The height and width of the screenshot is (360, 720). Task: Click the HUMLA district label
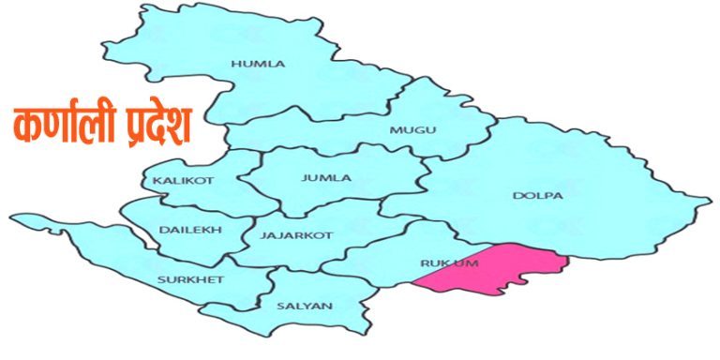tap(257, 64)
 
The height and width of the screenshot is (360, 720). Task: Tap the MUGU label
tap(412, 129)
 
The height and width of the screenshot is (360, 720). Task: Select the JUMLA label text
tap(326, 178)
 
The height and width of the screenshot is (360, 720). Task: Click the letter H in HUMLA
tap(233, 64)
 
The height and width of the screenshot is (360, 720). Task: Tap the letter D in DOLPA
tap(517, 196)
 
